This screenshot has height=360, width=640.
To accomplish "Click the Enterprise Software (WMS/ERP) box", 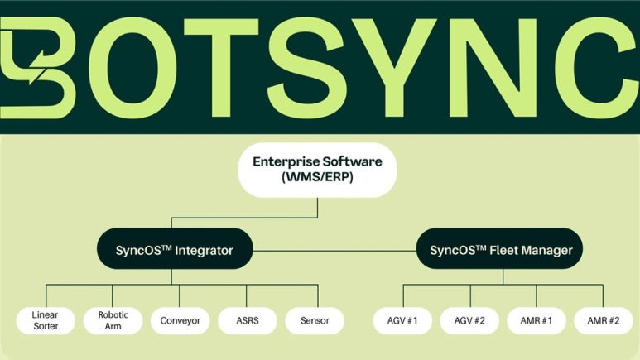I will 318,169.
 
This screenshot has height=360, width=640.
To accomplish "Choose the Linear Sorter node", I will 46,320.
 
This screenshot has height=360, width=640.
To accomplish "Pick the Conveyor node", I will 180,320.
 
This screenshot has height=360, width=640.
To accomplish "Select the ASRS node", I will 248,320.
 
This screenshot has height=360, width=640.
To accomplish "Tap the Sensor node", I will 315,320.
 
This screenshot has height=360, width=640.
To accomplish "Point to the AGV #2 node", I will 470,320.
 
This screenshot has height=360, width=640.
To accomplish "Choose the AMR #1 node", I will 537,320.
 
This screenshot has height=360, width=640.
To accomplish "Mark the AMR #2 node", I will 604,320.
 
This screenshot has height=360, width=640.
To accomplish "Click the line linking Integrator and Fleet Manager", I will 331,249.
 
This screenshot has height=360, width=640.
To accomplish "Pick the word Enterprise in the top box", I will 288,161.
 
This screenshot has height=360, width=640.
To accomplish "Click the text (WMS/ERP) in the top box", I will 318,177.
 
